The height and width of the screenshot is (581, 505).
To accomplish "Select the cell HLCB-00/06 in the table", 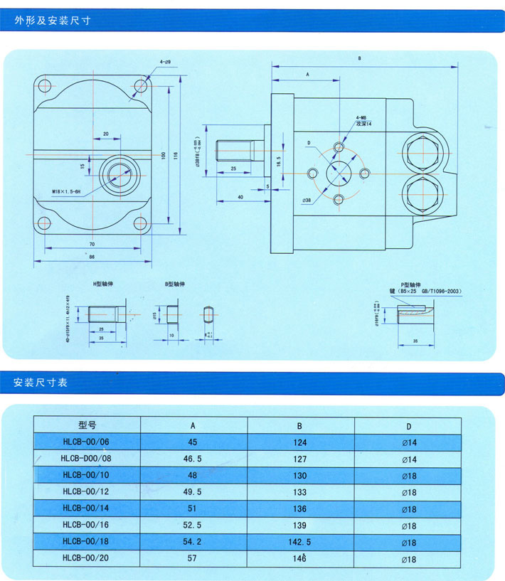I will point(87,442).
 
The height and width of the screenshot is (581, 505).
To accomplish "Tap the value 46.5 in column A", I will point(193,459).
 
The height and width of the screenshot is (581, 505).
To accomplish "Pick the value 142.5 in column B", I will point(300,543).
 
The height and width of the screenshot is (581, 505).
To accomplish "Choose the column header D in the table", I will point(408,425).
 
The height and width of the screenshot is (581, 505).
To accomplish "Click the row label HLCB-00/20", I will point(87,559).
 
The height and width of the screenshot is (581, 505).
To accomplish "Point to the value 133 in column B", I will point(300,492).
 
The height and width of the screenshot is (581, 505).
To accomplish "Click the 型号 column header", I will point(87,425).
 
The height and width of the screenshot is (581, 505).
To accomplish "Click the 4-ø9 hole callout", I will point(165,63).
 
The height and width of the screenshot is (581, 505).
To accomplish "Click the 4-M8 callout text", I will point(361,117).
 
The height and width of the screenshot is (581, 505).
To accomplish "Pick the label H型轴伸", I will point(103,284).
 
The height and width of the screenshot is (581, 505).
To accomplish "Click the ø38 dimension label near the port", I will point(307,201).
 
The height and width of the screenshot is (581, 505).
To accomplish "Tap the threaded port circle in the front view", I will point(117,173).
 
